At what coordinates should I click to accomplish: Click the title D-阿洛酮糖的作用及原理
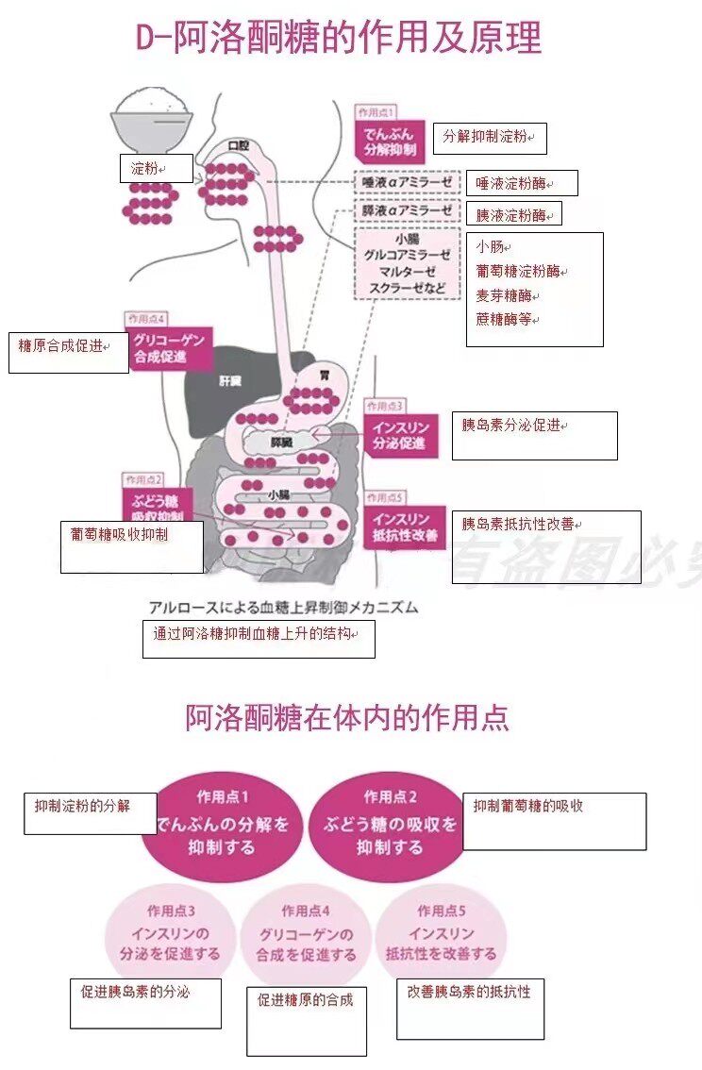339,39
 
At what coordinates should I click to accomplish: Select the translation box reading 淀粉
156,170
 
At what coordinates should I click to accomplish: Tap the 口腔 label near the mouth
239,145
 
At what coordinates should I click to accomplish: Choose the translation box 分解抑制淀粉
490,139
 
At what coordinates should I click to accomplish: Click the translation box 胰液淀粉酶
514,214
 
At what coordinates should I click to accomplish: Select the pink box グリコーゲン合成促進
170,349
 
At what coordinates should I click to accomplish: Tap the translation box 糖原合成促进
68,352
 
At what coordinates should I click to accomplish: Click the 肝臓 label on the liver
230,380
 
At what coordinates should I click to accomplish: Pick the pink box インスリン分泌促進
401,436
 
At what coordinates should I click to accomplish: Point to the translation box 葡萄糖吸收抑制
132,546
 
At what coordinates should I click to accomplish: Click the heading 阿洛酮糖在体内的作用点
347,718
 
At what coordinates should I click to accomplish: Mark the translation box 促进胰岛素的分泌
145,1002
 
